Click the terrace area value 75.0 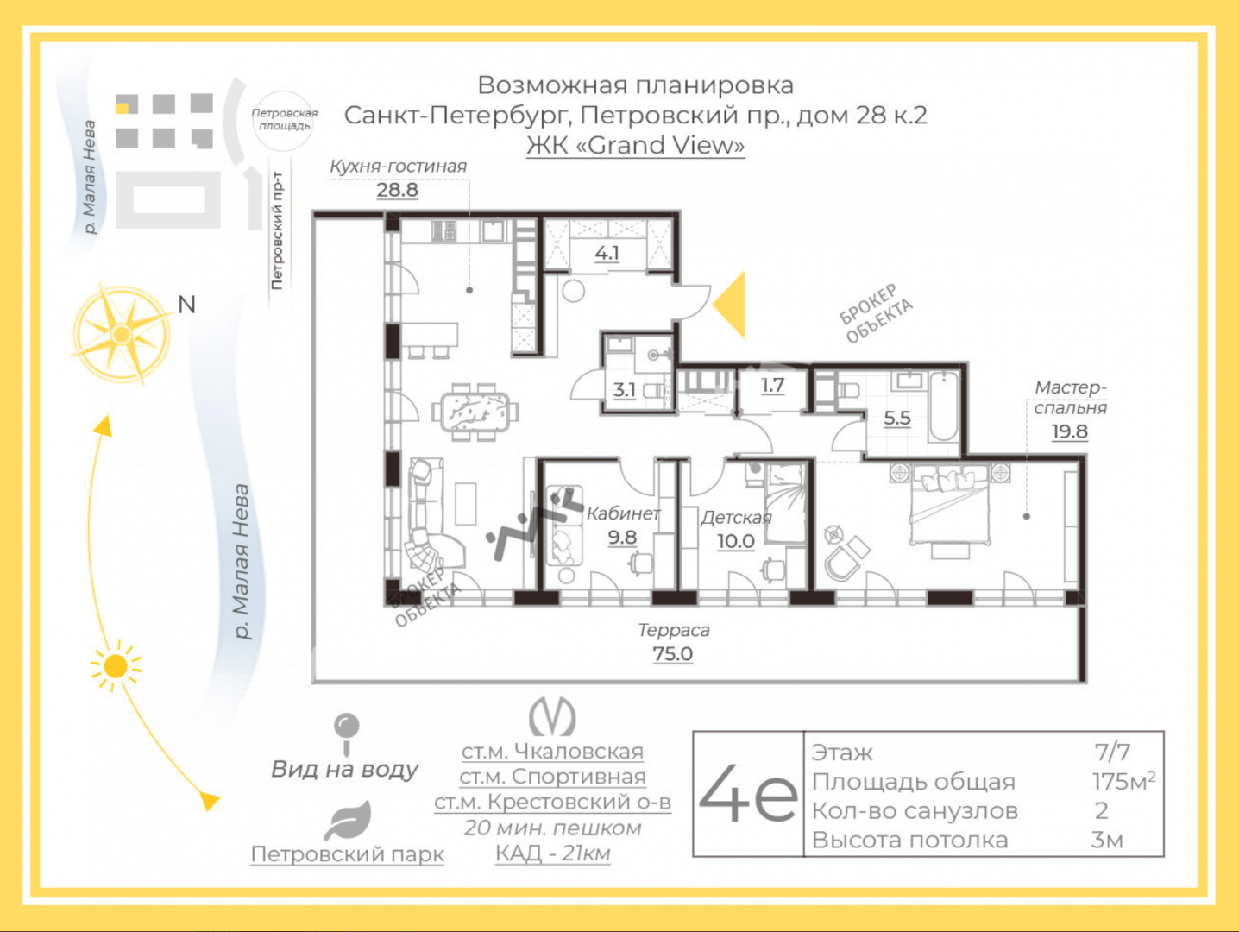(672, 654)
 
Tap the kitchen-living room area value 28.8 (398, 190)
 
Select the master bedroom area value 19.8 (1069, 431)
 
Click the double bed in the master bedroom (949, 504)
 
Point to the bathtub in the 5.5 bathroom (943, 406)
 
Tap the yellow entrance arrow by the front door (729, 305)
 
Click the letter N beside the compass (187, 305)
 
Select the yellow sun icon (116, 666)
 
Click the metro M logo (552, 717)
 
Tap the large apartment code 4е (748, 793)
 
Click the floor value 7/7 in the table (1112, 752)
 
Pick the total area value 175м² (1123, 781)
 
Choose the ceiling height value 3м (1107, 840)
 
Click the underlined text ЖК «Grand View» (636, 146)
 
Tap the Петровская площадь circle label (284, 120)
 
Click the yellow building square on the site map (123, 107)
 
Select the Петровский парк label (348, 854)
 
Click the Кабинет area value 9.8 (622, 537)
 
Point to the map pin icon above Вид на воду (346, 734)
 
